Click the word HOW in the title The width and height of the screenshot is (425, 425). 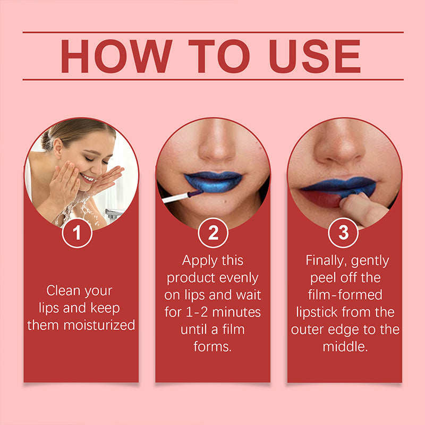point(116,56)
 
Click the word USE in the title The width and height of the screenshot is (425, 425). point(315,56)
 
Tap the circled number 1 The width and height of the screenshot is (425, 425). point(78,234)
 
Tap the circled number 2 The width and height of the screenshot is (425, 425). point(212,234)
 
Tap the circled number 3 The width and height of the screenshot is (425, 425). point(344,234)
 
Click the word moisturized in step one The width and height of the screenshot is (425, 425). point(101,325)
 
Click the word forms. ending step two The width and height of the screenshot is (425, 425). point(212,346)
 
